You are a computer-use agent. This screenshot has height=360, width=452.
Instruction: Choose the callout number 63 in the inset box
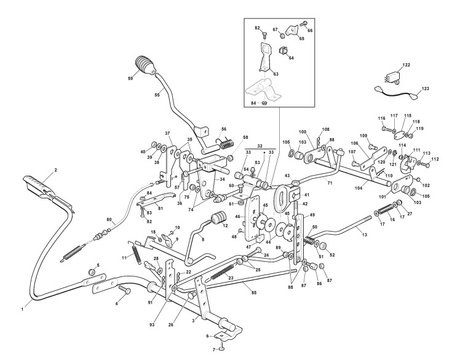[x=276, y=74]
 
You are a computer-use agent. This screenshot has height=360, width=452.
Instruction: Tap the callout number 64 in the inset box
[x=291, y=58]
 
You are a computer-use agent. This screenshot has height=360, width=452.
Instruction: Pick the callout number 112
[x=435, y=158]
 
